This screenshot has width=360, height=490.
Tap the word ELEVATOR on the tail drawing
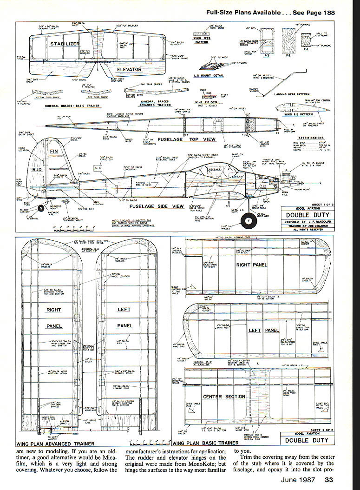(x=129, y=69)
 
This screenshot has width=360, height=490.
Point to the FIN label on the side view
(x=53, y=151)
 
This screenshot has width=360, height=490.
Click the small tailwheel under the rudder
(x=43, y=207)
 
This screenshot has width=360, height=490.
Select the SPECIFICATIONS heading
(x=311, y=138)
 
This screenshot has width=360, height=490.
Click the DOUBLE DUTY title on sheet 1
(x=307, y=214)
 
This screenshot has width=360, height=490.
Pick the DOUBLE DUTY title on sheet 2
(x=307, y=440)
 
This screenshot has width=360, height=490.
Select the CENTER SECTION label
(x=224, y=397)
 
